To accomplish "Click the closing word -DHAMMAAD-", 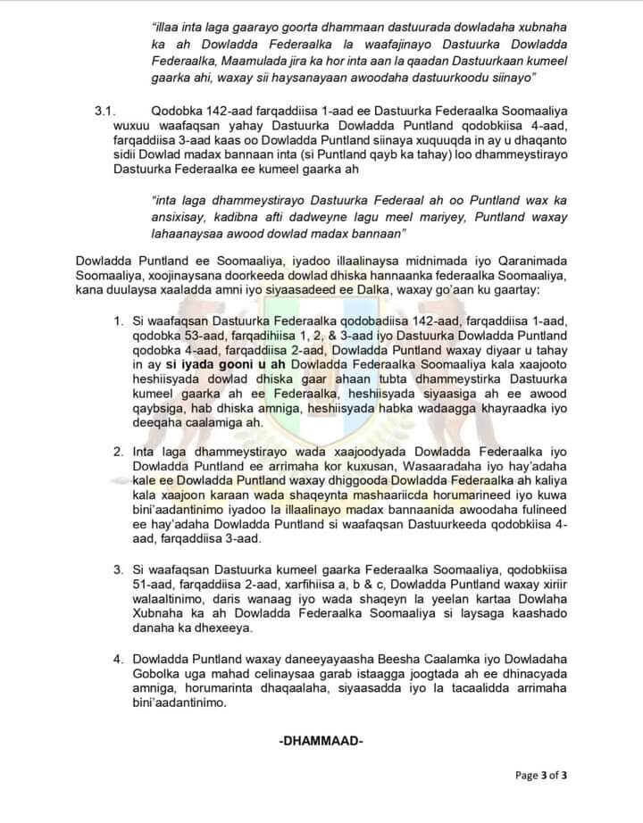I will tap(321, 741).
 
